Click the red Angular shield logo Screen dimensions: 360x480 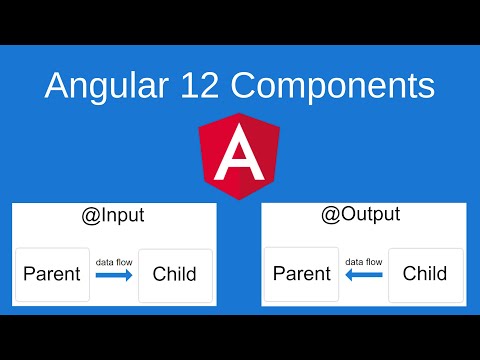pyautogui.click(x=239, y=156)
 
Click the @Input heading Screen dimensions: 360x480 pyautogui.click(x=113, y=213)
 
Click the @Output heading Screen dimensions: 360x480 pyautogui.click(x=363, y=213)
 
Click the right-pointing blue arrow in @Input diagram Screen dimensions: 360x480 pyautogui.click(x=114, y=279)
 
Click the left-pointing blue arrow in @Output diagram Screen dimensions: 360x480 pyautogui.click(x=364, y=279)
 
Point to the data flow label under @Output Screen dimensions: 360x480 pyautogui.click(x=364, y=262)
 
